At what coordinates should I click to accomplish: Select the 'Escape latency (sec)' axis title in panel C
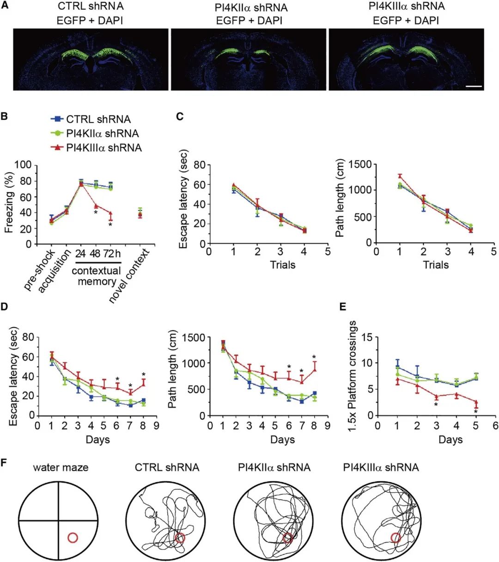(x=184, y=199)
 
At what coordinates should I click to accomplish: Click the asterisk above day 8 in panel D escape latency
(x=144, y=375)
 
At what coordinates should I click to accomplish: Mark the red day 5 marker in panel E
(x=476, y=403)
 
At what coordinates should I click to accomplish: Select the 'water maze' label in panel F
(x=61, y=467)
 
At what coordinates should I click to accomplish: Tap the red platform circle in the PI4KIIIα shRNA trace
(x=396, y=538)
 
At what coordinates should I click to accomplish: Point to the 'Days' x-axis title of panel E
(x=450, y=440)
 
